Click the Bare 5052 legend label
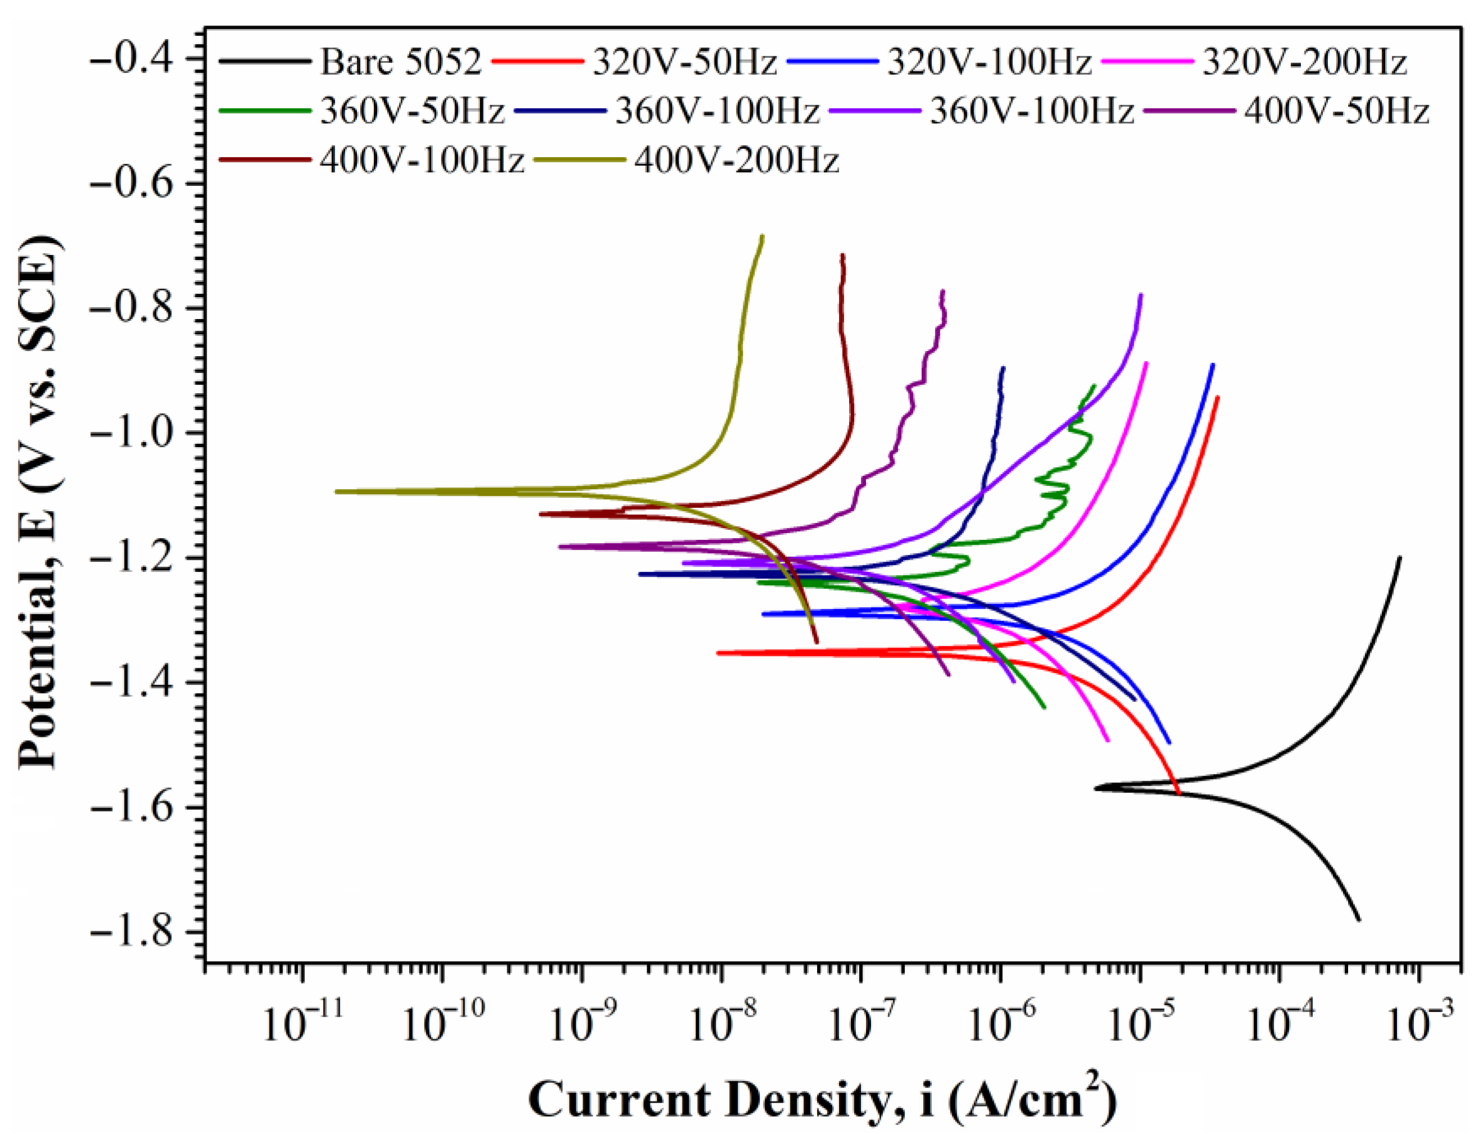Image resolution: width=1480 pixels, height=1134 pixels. point(401,62)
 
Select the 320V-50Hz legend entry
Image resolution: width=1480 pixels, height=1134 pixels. point(685,62)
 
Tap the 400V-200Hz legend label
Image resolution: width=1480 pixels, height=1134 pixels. point(736,161)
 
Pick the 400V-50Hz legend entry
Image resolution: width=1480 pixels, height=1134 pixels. point(1336,111)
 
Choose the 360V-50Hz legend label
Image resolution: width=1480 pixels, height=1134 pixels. point(412,111)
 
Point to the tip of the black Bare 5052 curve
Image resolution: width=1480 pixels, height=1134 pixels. point(1096,787)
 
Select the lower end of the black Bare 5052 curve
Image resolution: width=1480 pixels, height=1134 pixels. point(1359,919)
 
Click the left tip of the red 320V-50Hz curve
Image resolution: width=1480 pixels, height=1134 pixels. point(718,653)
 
